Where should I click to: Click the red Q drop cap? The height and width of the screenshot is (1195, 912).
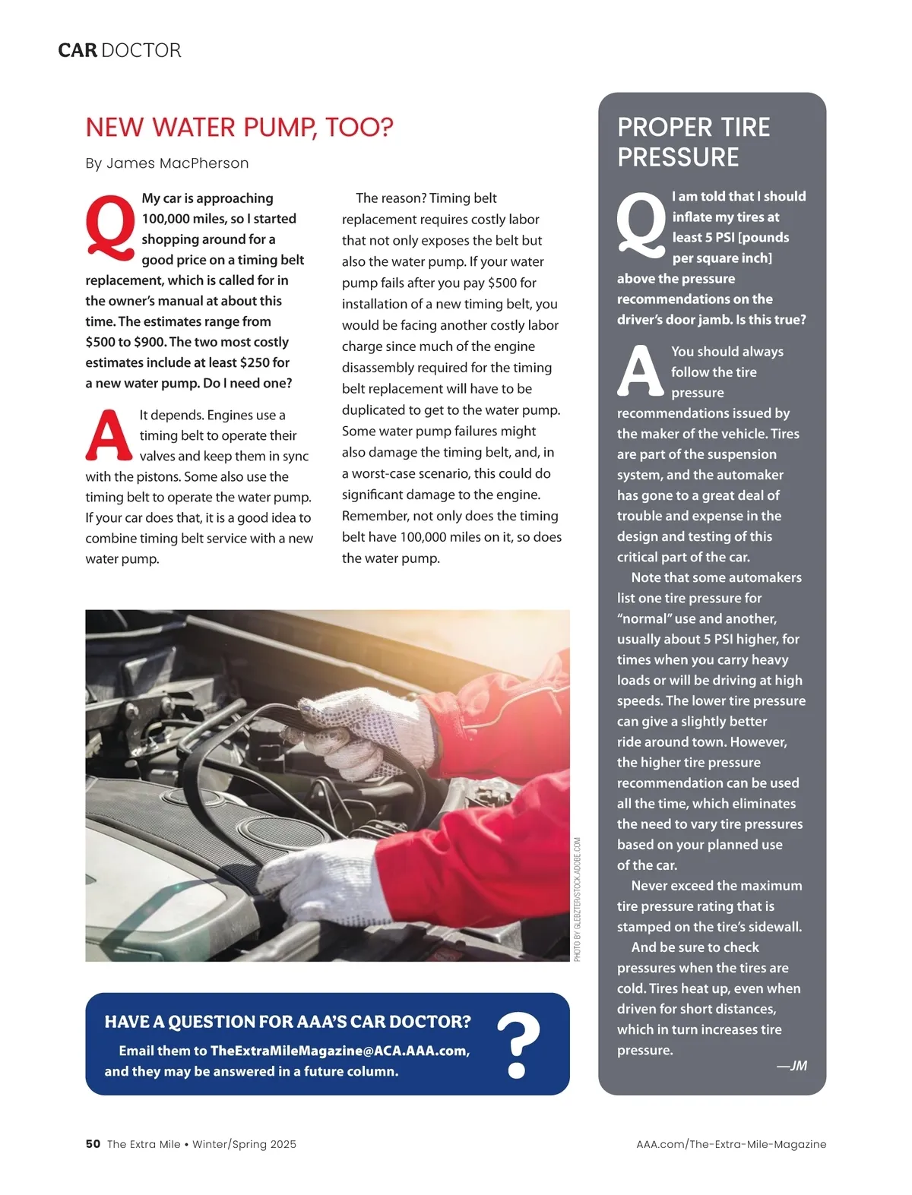coord(111,227)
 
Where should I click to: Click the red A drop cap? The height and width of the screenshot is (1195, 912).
coord(109,436)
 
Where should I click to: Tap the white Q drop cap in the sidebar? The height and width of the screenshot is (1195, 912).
coord(641,224)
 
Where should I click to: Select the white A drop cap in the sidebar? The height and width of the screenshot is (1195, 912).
coord(641,371)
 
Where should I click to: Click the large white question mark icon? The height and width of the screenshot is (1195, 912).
coord(518,1045)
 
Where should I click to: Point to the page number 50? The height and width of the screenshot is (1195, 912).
coord(93,1144)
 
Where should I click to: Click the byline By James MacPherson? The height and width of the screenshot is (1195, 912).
coord(167,163)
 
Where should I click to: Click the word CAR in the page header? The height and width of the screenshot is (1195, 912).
coord(78,51)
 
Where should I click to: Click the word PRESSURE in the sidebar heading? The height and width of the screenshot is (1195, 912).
coord(678,157)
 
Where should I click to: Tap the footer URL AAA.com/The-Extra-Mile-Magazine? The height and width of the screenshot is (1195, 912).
coord(731,1144)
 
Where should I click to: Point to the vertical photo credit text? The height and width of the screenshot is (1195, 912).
coord(578,899)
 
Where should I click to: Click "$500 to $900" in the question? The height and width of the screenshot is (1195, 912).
coord(125,342)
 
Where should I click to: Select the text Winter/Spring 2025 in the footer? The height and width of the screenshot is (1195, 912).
coord(244,1144)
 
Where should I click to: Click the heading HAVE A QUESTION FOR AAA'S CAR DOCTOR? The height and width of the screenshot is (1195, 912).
coord(287,1022)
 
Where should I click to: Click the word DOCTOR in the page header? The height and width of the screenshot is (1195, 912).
coord(141,51)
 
